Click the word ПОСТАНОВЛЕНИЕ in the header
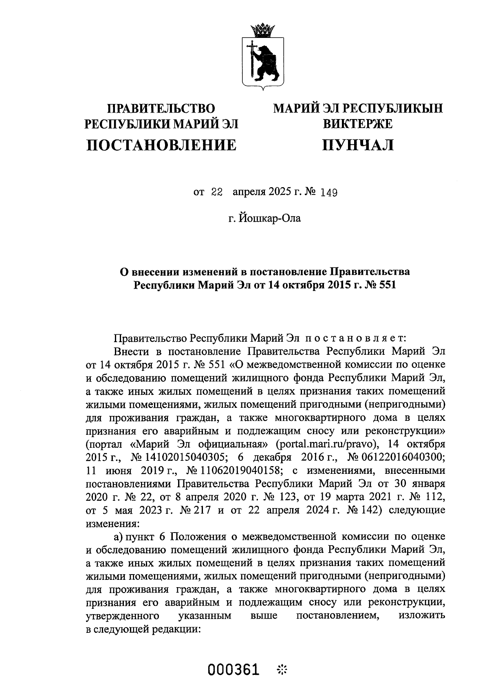click(161, 145)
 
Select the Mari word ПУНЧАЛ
click(358, 145)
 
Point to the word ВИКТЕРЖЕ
click(358, 124)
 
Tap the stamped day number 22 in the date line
click(216, 192)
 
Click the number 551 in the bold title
click(386, 285)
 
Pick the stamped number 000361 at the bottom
click(233, 670)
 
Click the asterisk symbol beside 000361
click(282, 670)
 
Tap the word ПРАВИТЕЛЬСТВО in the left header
click(161, 108)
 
